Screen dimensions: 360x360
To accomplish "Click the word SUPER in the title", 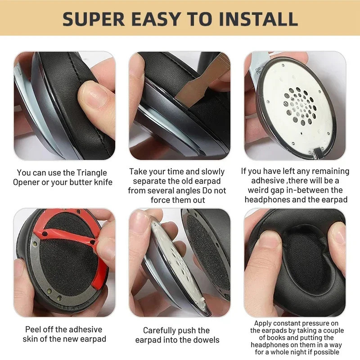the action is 94,19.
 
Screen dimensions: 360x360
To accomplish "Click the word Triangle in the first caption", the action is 92,173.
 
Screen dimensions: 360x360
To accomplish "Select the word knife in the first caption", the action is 103,182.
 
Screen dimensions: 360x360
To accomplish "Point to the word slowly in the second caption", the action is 213,172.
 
